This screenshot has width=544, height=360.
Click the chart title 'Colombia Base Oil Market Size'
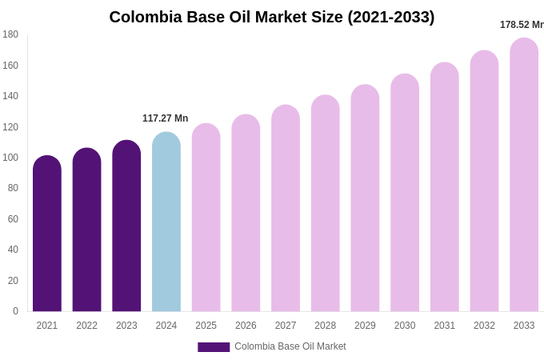[x=272, y=17]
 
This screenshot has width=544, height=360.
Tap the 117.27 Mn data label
[x=166, y=118]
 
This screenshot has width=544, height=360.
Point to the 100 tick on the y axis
[x=10, y=158]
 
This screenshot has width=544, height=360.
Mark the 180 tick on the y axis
[x=10, y=34]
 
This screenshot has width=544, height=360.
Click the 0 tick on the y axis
[x=15, y=311]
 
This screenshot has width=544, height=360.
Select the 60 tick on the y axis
[x=13, y=219]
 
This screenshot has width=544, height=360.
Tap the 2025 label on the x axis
[x=206, y=326]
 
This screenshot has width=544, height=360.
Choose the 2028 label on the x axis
[x=326, y=326]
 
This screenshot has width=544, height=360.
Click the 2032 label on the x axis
[x=484, y=326]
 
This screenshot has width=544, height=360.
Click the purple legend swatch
[x=214, y=347]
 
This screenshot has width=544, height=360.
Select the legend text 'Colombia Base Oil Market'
[x=290, y=346]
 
